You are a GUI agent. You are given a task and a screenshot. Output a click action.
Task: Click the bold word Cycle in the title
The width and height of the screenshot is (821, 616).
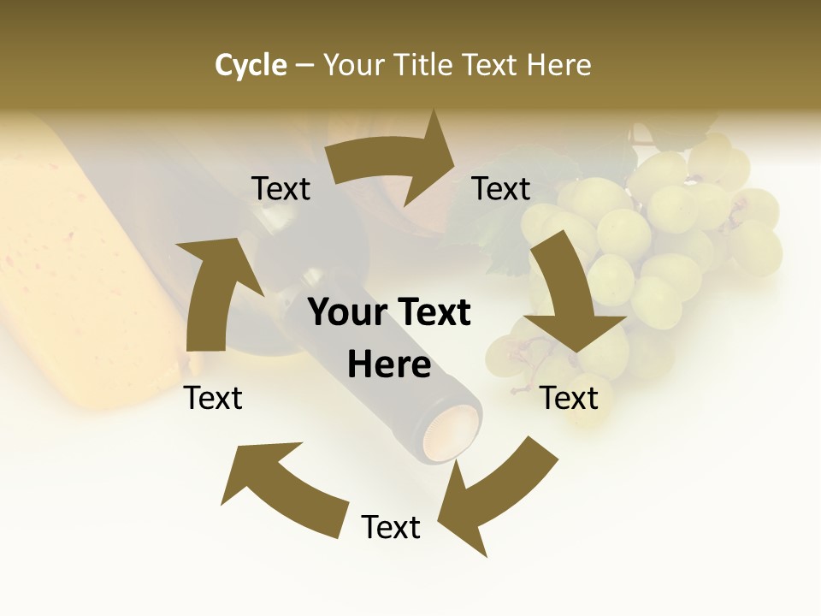coord(251,65)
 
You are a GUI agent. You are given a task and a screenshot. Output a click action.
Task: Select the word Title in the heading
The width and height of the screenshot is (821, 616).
coord(427,65)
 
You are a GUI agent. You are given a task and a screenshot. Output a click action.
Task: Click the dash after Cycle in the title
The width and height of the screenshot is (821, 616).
coord(304,65)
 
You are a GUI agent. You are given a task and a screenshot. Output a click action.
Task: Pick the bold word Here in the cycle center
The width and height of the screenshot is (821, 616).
coord(389,365)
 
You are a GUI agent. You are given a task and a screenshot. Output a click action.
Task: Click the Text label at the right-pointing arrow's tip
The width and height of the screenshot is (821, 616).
coord(502,188)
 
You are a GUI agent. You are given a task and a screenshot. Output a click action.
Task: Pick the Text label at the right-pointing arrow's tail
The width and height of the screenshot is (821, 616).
coord(281,188)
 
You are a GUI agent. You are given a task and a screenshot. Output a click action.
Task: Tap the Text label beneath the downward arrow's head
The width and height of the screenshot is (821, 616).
coord(570,398)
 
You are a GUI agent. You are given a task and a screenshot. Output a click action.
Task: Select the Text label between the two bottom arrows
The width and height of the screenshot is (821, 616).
coord(391,527)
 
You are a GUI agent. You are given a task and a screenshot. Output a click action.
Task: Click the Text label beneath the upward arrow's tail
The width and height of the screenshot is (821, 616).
coord(214,398)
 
